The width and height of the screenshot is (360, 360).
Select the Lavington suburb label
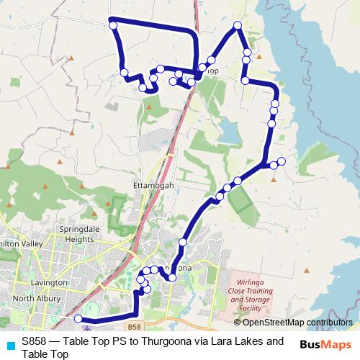tap(49, 283)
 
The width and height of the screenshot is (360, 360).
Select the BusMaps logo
tap(325, 344)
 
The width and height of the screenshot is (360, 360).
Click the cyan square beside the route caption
tap(9, 345)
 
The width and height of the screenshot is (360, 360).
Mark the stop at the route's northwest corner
tap(113, 26)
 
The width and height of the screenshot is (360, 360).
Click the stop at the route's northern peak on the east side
tap(237, 26)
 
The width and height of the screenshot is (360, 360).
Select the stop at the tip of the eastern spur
tap(282, 161)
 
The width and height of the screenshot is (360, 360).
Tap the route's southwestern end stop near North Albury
tap(78, 318)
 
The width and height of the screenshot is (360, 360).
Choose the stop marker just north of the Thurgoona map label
tap(183, 243)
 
